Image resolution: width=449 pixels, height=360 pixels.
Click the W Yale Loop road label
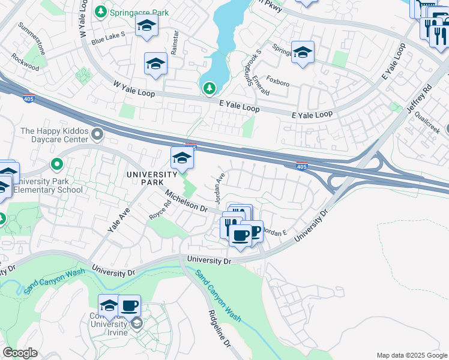click(134, 90)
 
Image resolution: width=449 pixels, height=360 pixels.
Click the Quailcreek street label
click(427, 122)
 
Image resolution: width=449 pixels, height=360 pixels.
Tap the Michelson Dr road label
click(186, 202)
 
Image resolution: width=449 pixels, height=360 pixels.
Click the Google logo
click(20, 353)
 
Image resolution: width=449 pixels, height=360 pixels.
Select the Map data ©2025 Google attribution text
click(411, 355)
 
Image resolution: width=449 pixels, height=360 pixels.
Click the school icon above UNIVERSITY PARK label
click(182, 158)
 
